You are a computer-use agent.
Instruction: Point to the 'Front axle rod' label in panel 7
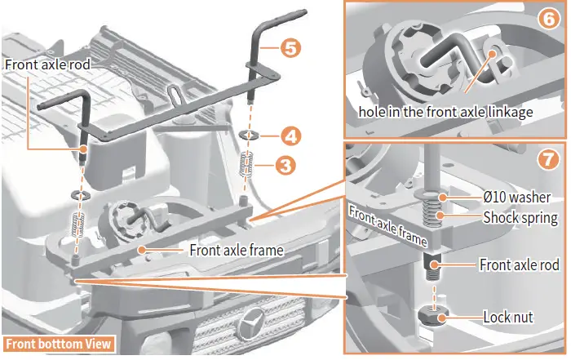(519, 266)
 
